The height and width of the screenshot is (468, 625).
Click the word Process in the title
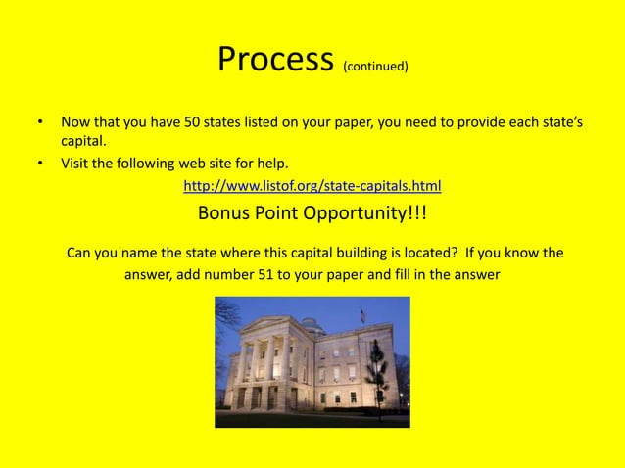276,61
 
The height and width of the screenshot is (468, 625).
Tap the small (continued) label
375,68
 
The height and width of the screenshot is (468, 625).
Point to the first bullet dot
40,124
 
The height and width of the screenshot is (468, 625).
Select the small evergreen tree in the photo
375,371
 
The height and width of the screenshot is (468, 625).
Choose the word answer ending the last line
475,274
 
